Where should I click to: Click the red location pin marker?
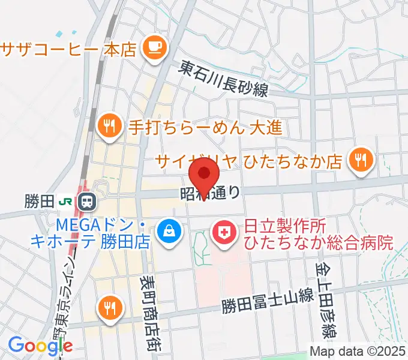[204, 174]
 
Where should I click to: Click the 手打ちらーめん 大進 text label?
[205, 127]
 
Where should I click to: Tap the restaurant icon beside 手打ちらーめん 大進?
[109, 126]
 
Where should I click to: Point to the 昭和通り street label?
[211, 193]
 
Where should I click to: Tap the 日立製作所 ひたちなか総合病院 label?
[318, 235]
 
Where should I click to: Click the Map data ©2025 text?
[358, 352]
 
